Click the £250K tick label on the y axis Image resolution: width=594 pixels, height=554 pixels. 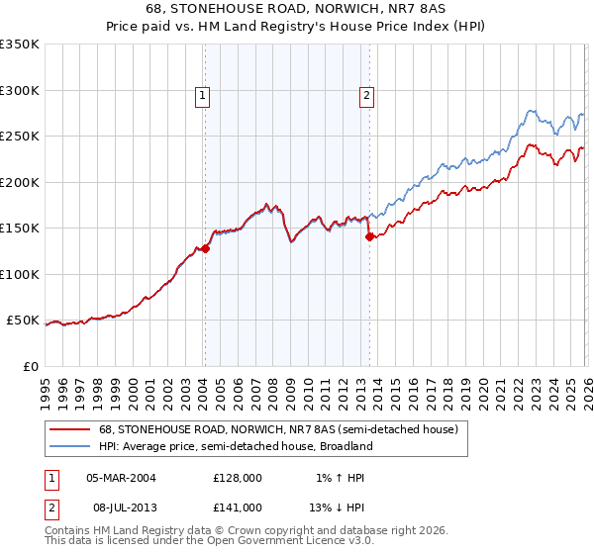pos(20,137)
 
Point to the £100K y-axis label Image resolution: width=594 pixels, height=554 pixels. pos(20,274)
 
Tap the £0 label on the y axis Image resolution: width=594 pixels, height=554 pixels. pos(31,366)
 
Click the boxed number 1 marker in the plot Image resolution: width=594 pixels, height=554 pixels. pos(202,96)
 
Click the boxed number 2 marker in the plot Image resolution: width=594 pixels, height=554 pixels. pos(366,96)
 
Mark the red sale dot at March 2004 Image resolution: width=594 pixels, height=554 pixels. pos(205,249)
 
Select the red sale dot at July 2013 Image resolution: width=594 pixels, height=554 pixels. pos(368,237)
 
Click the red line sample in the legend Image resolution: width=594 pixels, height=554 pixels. pos(71,430)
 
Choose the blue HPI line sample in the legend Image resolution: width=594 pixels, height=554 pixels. pos(71,447)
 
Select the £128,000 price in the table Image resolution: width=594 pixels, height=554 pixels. pos(237,478)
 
